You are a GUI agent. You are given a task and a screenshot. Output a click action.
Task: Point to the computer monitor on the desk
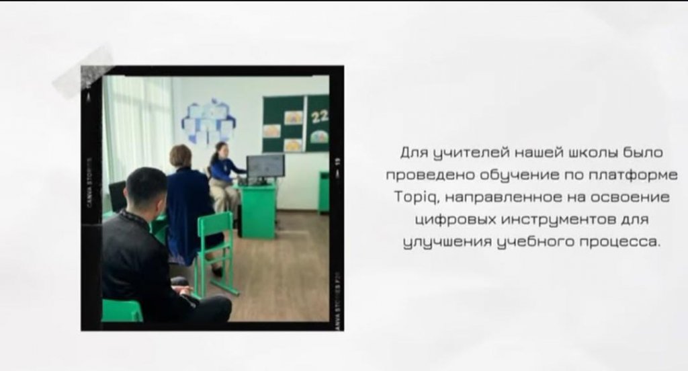[x=265, y=167]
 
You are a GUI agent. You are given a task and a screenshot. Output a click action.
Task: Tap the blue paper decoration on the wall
[x=208, y=121]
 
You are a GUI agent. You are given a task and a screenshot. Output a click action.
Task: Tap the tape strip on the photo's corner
[x=83, y=73]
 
